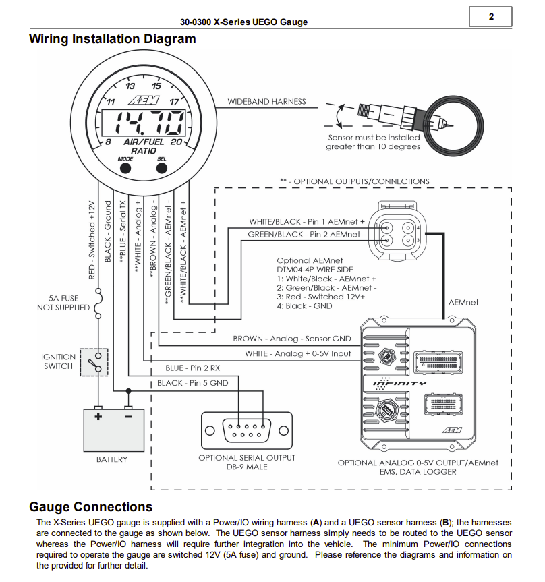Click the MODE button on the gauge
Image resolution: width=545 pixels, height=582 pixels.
tap(125, 168)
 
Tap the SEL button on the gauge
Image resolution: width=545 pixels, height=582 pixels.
tap(161, 168)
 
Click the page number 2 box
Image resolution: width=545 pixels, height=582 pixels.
tap(490, 17)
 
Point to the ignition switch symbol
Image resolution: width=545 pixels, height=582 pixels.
tap(94, 362)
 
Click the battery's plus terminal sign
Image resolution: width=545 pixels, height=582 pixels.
tap(98, 417)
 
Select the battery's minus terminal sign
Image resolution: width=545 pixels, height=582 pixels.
tap(128, 417)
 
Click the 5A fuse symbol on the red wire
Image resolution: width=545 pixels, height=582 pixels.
tap(98, 303)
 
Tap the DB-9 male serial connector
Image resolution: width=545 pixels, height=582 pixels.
tap(246, 430)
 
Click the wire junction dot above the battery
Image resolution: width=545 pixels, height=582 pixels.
tap(128, 391)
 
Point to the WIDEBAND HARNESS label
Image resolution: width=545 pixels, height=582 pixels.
tap(266, 102)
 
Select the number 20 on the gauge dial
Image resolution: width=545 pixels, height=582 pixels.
tap(176, 142)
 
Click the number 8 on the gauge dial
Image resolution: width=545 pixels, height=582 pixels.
tap(108, 142)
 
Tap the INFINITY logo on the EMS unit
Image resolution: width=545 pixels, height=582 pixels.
tap(399, 384)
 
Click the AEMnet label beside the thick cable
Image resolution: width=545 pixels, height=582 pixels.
tap(463, 303)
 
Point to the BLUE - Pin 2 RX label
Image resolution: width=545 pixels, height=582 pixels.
tap(192, 368)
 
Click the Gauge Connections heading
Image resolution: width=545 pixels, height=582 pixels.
tap(91, 506)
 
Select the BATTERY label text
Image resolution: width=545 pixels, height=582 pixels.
tap(112, 459)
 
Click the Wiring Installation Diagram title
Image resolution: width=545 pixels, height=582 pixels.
tap(113, 39)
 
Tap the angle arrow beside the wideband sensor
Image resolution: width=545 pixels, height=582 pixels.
tap(339, 116)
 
